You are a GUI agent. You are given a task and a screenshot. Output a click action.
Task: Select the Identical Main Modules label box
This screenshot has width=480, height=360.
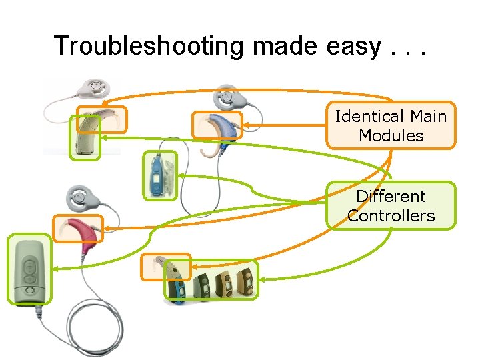tap(391, 125)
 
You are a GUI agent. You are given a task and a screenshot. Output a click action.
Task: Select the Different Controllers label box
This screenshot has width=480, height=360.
tap(391, 206)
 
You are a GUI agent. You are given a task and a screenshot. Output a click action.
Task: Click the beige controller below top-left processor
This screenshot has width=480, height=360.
tap(85, 140)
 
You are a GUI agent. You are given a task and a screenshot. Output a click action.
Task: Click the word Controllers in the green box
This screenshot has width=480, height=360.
tap(391, 215)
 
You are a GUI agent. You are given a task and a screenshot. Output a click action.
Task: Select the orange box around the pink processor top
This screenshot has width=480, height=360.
tap(78, 228)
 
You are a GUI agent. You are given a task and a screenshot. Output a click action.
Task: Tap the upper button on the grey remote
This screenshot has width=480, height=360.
tap(28, 265)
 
